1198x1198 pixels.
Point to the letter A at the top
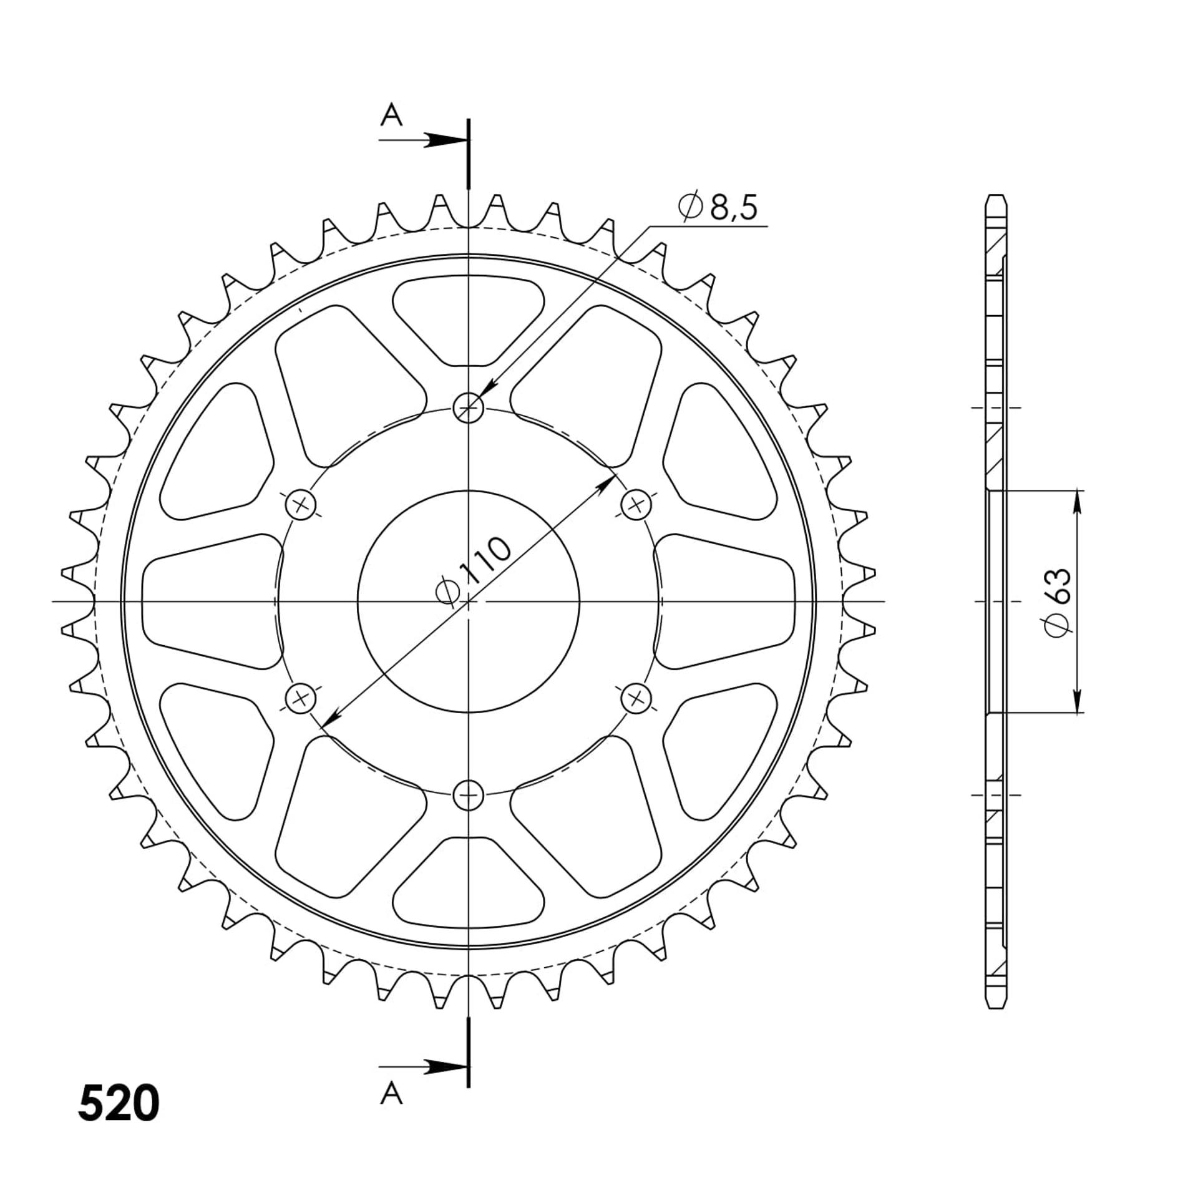pyautogui.click(x=391, y=115)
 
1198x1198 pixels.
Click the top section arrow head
pyautogui.click(x=445, y=140)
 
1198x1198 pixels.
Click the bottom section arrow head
pyautogui.click(x=445, y=1067)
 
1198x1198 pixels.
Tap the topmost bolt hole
pyautogui.click(x=468, y=408)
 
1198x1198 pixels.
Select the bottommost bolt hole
pyautogui.click(x=468, y=795)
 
